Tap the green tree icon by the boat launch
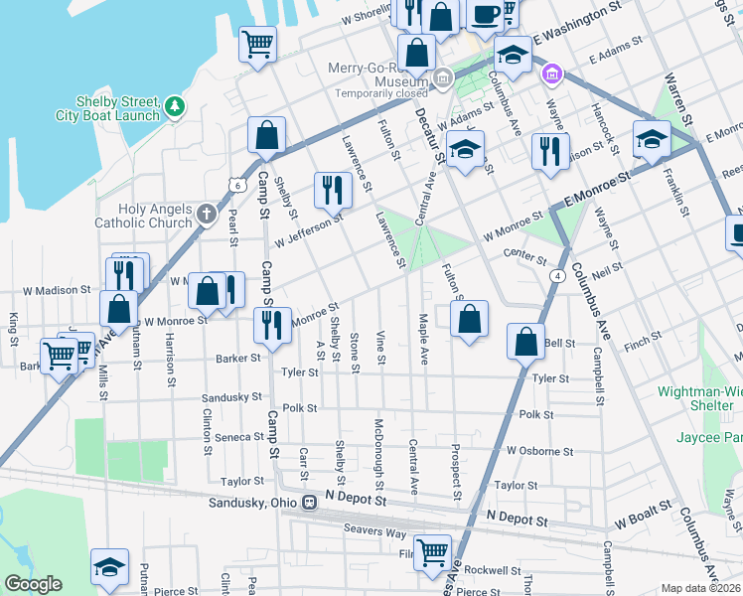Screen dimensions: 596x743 [x=175, y=104]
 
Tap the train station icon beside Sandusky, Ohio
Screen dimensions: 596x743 [x=309, y=503]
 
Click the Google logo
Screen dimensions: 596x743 [x=33, y=584]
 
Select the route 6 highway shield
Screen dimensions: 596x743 [x=235, y=185]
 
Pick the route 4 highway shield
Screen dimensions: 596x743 [x=560, y=274]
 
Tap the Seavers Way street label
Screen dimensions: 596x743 [x=374, y=532]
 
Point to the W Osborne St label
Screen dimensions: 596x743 [x=539, y=450]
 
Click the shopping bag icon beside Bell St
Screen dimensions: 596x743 [x=525, y=342]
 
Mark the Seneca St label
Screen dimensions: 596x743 [x=239, y=437]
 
